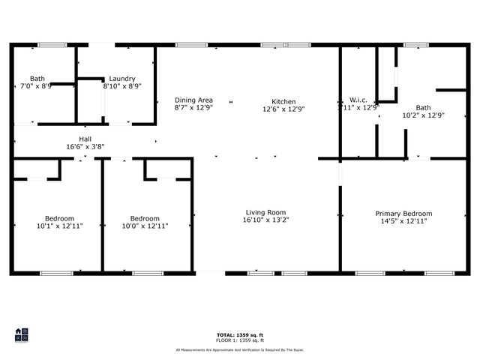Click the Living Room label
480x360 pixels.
tap(265, 212)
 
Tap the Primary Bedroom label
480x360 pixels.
tap(403, 214)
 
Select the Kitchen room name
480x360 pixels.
tap(283, 102)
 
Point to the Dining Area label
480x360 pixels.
tap(193, 100)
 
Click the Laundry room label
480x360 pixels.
tap(121, 79)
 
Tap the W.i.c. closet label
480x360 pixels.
tap(357, 100)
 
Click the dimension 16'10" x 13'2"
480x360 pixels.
tap(265, 220)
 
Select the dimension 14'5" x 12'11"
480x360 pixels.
tap(403, 222)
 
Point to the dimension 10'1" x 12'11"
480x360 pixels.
tap(60, 226)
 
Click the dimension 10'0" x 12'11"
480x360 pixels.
tap(145, 226)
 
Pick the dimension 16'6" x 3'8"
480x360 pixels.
tap(85, 147)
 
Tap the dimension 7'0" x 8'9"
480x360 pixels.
tap(37, 86)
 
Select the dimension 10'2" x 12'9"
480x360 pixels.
tap(423, 115)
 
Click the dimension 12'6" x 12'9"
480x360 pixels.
tap(283, 109)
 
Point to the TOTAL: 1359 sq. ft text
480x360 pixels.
tap(239, 334)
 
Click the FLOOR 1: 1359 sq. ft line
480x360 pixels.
tap(239, 340)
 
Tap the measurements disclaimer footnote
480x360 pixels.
tap(239, 349)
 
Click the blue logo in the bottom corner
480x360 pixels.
tap(22, 334)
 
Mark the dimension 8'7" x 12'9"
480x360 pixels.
tap(193, 108)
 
